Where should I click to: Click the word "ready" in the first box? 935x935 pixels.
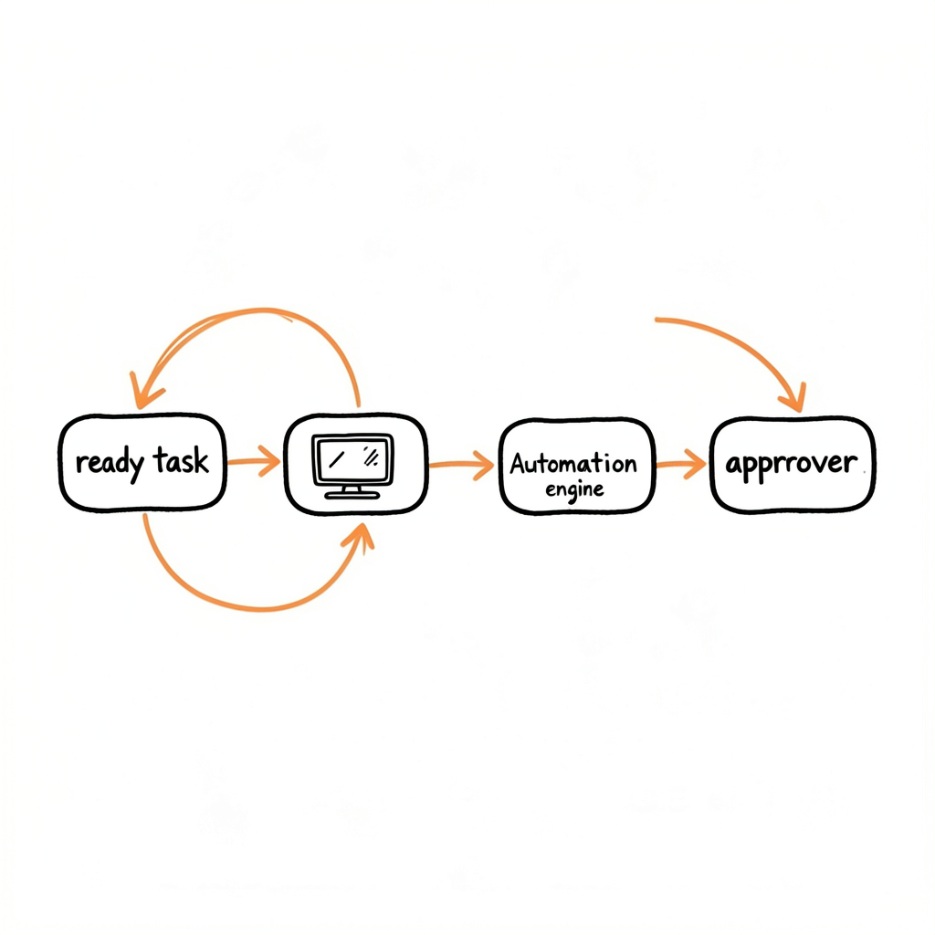coord(110,463)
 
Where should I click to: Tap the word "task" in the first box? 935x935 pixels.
coord(181,460)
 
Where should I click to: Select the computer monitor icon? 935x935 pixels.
coord(352,466)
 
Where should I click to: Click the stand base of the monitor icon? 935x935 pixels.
coord(352,495)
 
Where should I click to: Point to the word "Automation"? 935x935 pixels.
coord(573,463)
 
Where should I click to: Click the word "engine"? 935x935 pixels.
coord(574,490)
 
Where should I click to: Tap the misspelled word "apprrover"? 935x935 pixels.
coord(791,463)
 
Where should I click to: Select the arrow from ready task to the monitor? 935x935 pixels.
coord(254,461)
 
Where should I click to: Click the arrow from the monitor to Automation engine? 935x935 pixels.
coord(461,465)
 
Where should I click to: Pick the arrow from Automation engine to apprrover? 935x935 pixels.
coord(681,464)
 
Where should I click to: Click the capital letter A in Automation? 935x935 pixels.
coord(518,463)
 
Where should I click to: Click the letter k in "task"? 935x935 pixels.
coord(201,460)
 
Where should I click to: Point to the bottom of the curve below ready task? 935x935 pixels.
coord(260,609)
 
